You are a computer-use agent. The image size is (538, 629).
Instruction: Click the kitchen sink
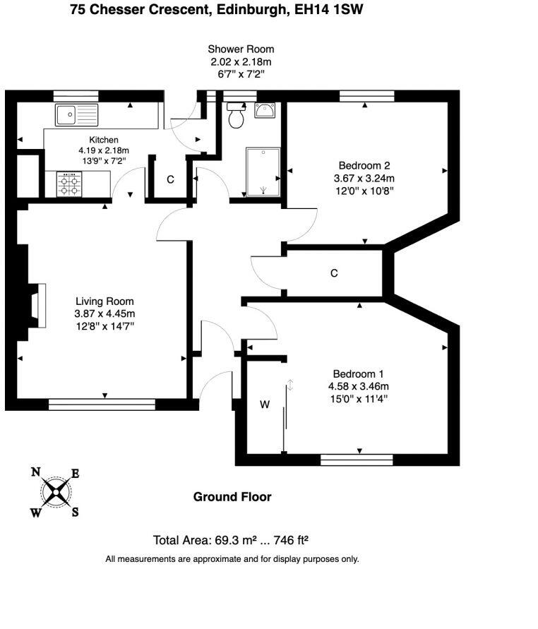(x=77, y=114)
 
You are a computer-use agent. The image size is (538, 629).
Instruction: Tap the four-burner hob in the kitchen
(x=69, y=184)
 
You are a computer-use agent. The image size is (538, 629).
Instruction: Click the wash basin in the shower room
(x=265, y=110)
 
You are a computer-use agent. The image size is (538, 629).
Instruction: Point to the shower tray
(x=263, y=172)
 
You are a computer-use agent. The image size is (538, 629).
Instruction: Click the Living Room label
(x=104, y=301)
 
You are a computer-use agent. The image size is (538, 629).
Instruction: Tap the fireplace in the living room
(x=38, y=305)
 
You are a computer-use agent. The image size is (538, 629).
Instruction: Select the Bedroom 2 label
(x=364, y=165)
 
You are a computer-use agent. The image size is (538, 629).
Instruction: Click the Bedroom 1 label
(x=358, y=374)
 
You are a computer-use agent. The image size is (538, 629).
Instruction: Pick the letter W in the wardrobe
(x=265, y=405)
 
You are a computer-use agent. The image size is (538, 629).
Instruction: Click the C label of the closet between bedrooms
(x=334, y=273)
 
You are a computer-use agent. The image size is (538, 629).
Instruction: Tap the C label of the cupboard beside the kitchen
(x=170, y=179)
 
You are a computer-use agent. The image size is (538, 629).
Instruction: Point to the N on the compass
(x=36, y=472)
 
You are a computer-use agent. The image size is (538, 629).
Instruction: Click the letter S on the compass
(x=75, y=512)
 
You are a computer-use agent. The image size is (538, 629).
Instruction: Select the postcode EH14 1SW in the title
(x=328, y=9)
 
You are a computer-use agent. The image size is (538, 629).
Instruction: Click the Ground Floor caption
(x=232, y=496)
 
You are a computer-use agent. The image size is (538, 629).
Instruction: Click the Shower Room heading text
(x=241, y=49)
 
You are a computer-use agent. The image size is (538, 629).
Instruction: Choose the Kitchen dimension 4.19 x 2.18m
(x=104, y=150)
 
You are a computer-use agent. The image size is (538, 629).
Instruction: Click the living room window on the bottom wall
(x=102, y=405)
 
